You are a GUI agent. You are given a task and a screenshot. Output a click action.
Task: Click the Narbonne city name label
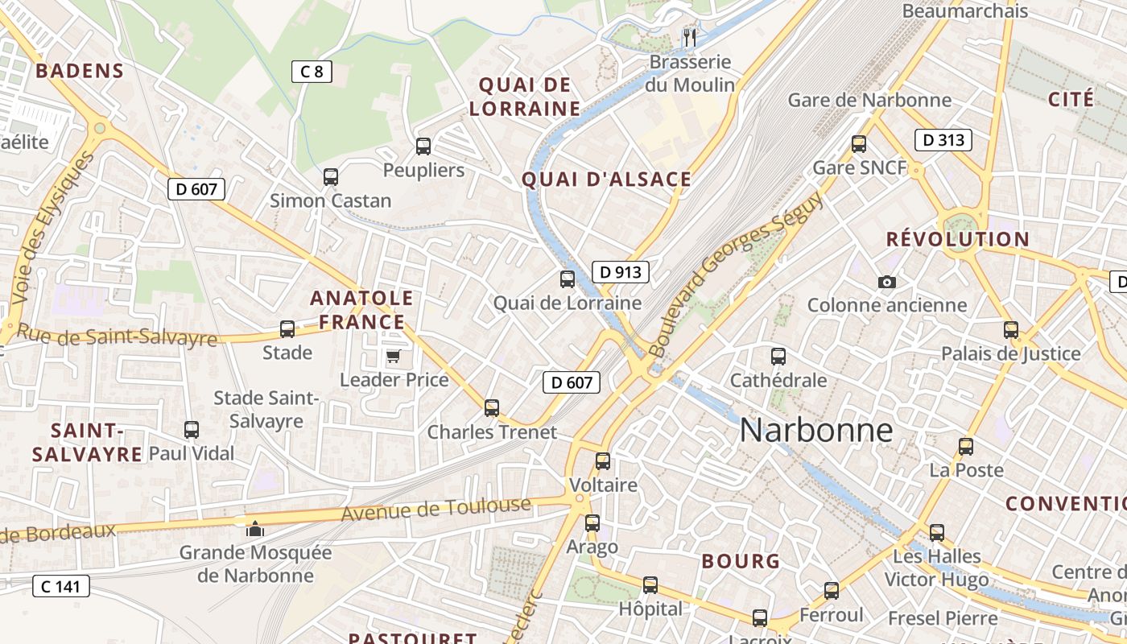click(x=815, y=430)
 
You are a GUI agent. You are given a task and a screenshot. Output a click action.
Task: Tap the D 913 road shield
click(x=621, y=272)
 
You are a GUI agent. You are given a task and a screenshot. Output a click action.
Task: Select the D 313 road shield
click(x=943, y=140)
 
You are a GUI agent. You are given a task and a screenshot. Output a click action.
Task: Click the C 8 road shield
click(x=312, y=72)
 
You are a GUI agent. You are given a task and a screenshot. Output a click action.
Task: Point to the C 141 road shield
click(x=60, y=586)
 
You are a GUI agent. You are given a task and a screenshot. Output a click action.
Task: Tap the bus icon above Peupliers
click(x=423, y=147)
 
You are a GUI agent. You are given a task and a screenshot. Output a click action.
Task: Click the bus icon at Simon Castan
click(x=331, y=177)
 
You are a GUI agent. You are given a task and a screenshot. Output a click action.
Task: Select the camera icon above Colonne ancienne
click(x=887, y=282)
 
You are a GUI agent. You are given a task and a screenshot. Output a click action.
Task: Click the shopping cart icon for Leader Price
click(x=394, y=356)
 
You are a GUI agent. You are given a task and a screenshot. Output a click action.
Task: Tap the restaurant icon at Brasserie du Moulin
click(x=690, y=38)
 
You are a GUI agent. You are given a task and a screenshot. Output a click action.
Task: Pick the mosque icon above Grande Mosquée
click(x=255, y=529)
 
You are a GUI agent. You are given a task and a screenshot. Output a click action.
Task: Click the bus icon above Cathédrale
click(x=778, y=357)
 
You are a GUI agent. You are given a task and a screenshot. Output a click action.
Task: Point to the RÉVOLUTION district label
click(x=957, y=239)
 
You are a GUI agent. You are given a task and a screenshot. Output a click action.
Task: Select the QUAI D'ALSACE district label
click(x=606, y=180)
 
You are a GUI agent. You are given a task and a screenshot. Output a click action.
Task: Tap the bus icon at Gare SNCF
click(x=859, y=145)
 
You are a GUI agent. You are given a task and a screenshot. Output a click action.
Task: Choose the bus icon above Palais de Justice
click(x=1011, y=330)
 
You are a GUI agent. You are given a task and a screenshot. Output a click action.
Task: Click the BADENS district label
click(x=80, y=71)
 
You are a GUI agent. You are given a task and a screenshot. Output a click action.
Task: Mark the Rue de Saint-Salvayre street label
click(x=117, y=334)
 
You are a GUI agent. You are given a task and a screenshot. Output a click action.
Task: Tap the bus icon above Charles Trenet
click(x=492, y=408)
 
